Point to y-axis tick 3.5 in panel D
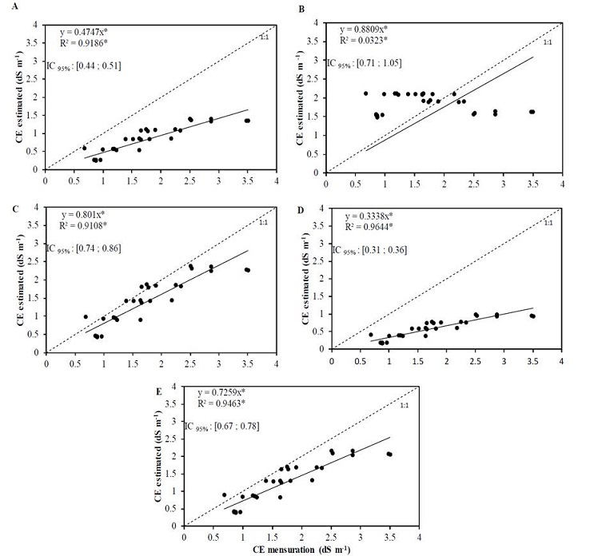[321, 225]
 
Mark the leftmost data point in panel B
[366, 93]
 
